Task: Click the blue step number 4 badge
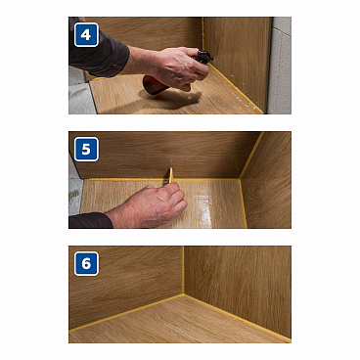(x=86, y=34)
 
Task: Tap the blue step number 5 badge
(x=86, y=149)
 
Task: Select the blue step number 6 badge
(x=86, y=263)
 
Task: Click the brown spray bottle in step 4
(x=157, y=85)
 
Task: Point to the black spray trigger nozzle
(x=202, y=56)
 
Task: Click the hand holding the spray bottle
(x=173, y=67)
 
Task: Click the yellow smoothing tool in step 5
(x=170, y=175)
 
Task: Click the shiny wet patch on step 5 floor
(x=203, y=207)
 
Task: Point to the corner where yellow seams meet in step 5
(x=240, y=179)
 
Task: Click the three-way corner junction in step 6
(x=183, y=293)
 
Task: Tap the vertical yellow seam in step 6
(x=183, y=270)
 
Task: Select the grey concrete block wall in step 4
(x=280, y=66)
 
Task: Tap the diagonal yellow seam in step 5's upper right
(x=251, y=155)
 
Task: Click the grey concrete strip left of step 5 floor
(x=75, y=195)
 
